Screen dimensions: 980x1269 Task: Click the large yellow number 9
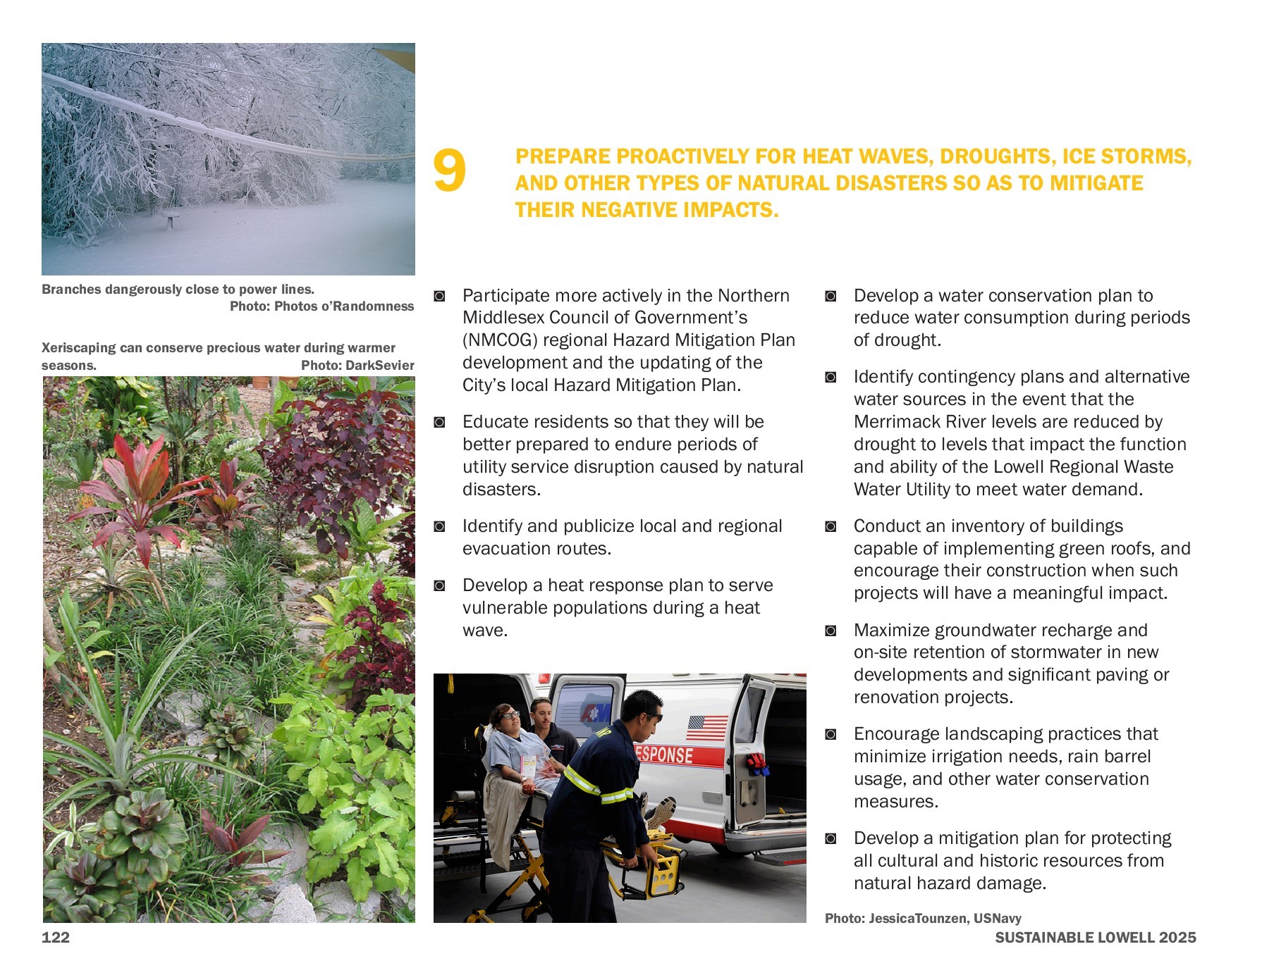(449, 171)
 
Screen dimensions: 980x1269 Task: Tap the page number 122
(56, 937)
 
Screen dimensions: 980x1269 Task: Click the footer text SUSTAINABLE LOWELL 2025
(1095, 937)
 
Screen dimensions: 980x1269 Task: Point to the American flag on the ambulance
(706, 728)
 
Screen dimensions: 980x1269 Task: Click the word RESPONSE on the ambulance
(663, 755)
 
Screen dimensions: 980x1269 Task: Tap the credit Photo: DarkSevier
(357, 365)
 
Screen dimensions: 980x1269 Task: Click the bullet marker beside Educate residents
(439, 423)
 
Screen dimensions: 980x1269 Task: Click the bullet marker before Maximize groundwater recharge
(830, 631)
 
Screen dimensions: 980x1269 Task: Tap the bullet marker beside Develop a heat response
(439, 586)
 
